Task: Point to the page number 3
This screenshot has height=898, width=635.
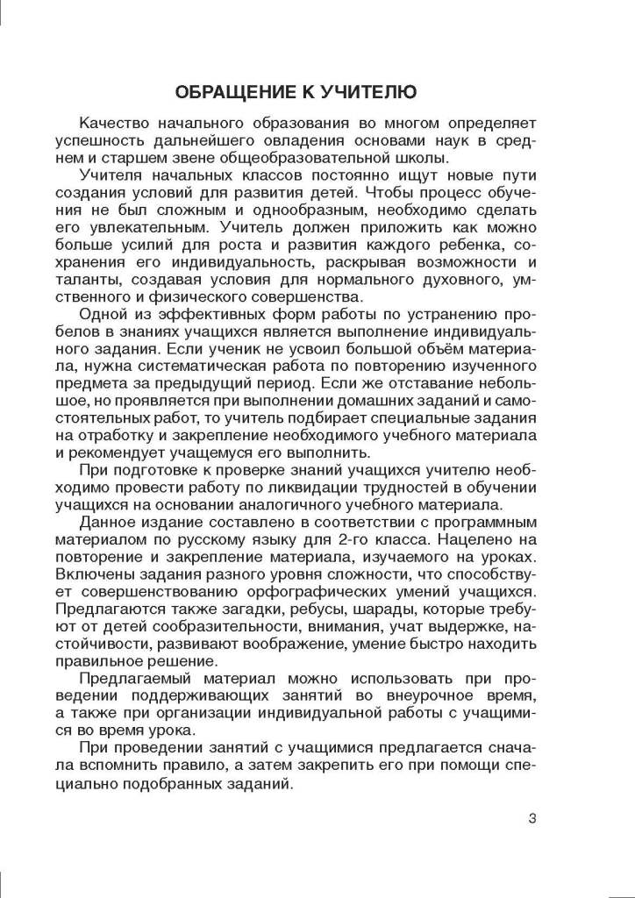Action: point(532,819)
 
